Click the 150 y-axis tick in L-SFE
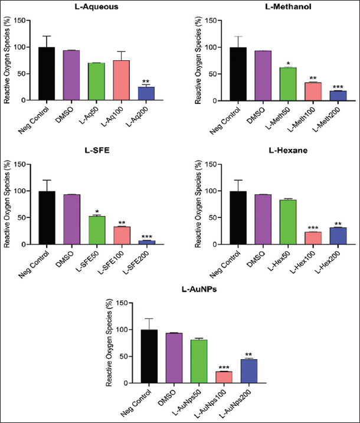tap(24, 164)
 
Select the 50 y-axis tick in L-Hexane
tap(207, 217)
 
